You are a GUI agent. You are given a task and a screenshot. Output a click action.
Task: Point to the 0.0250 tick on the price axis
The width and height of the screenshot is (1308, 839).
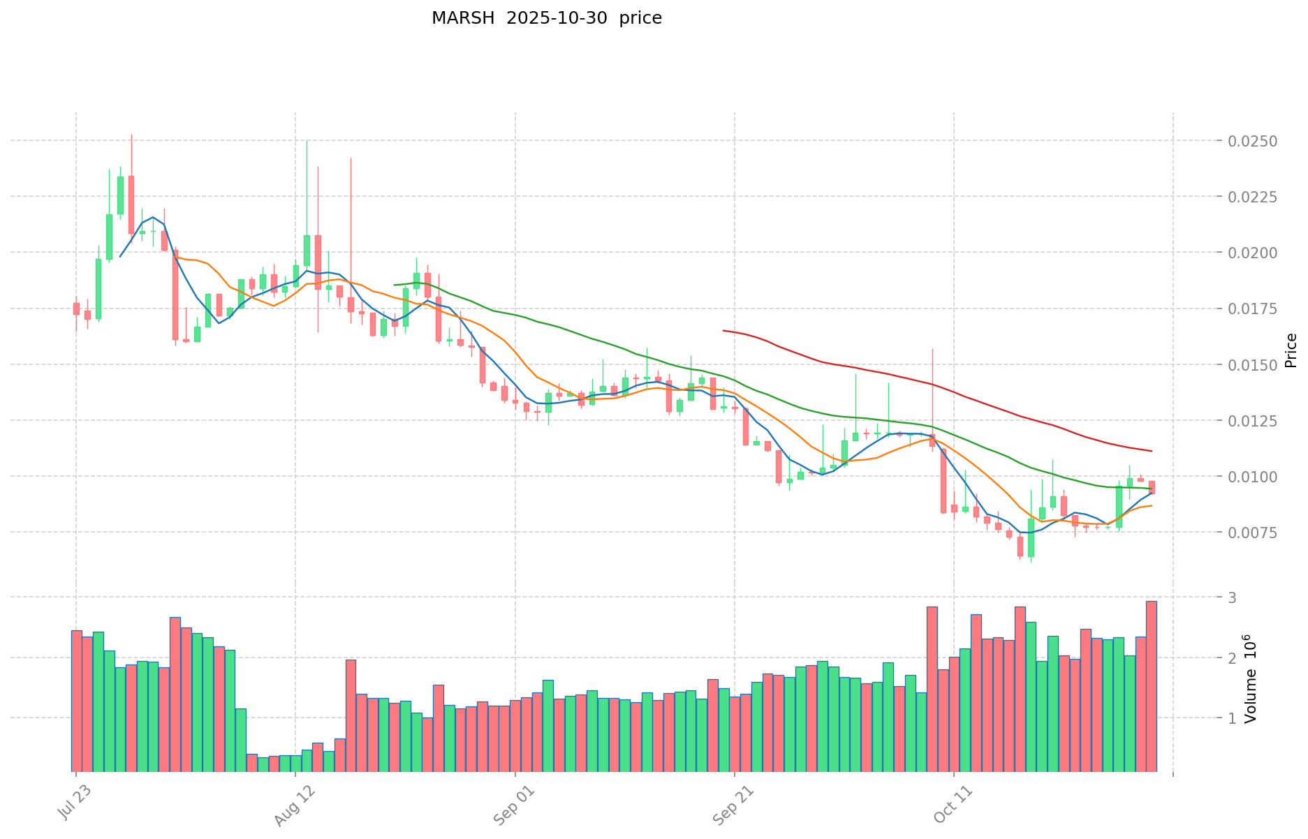point(1254,141)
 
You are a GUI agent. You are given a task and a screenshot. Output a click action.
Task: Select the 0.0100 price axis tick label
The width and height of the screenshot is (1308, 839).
point(1254,477)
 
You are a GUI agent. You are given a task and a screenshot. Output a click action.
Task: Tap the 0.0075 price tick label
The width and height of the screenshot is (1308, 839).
point(1254,533)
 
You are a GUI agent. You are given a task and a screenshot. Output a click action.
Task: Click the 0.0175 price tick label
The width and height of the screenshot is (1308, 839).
point(1254,309)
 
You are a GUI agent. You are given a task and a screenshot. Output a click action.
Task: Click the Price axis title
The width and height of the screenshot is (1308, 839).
point(1291,350)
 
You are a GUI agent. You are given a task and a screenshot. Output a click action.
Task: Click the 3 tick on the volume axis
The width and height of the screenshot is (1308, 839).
point(1233,597)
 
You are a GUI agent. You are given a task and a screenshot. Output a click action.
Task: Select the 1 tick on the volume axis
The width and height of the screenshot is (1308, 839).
point(1233,718)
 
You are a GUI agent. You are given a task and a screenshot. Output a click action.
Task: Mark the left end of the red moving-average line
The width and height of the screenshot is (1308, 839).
point(723,330)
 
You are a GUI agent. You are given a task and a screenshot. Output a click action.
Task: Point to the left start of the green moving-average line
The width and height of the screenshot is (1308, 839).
point(395,285)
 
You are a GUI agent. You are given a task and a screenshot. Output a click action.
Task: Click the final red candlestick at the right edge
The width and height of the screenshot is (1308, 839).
point(1152,487)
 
